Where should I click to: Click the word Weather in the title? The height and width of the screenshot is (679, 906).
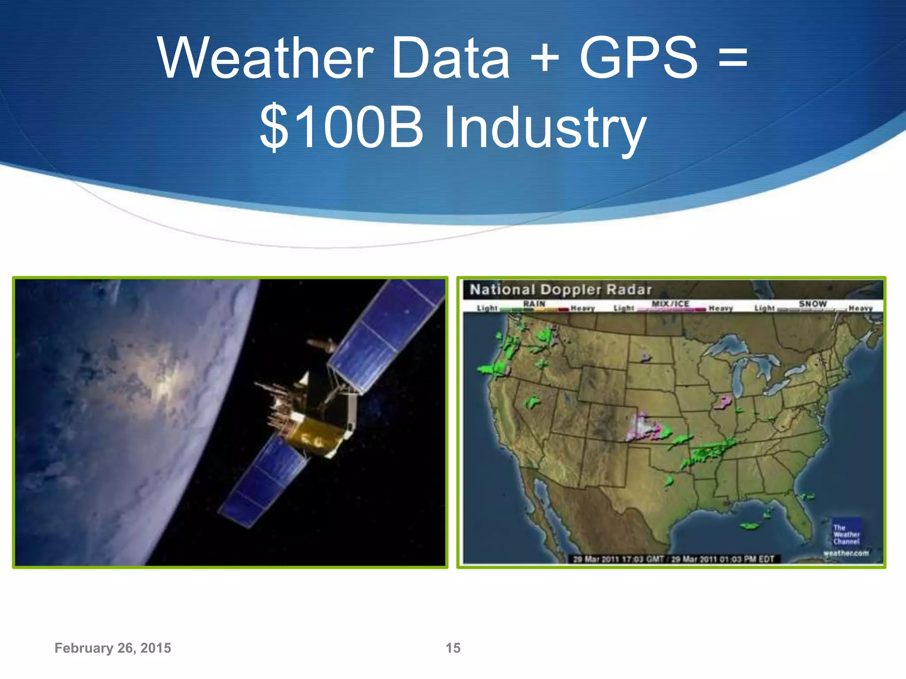click(265, 58)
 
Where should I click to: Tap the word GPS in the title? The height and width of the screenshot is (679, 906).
click(638, 58)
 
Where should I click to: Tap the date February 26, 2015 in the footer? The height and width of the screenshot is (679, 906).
click(113, 648)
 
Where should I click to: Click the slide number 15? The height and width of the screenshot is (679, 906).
click(453, 648)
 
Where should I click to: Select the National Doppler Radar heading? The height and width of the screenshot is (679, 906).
click(560, 290)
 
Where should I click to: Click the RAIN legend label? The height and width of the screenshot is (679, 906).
click(534, 304)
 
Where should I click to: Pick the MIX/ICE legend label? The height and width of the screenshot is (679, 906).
click(670, 304)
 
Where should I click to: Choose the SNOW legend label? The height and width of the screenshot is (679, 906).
click(812, 304)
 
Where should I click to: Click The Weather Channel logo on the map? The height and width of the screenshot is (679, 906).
click(846, 534)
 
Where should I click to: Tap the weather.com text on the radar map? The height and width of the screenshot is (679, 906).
click(846, 553)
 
